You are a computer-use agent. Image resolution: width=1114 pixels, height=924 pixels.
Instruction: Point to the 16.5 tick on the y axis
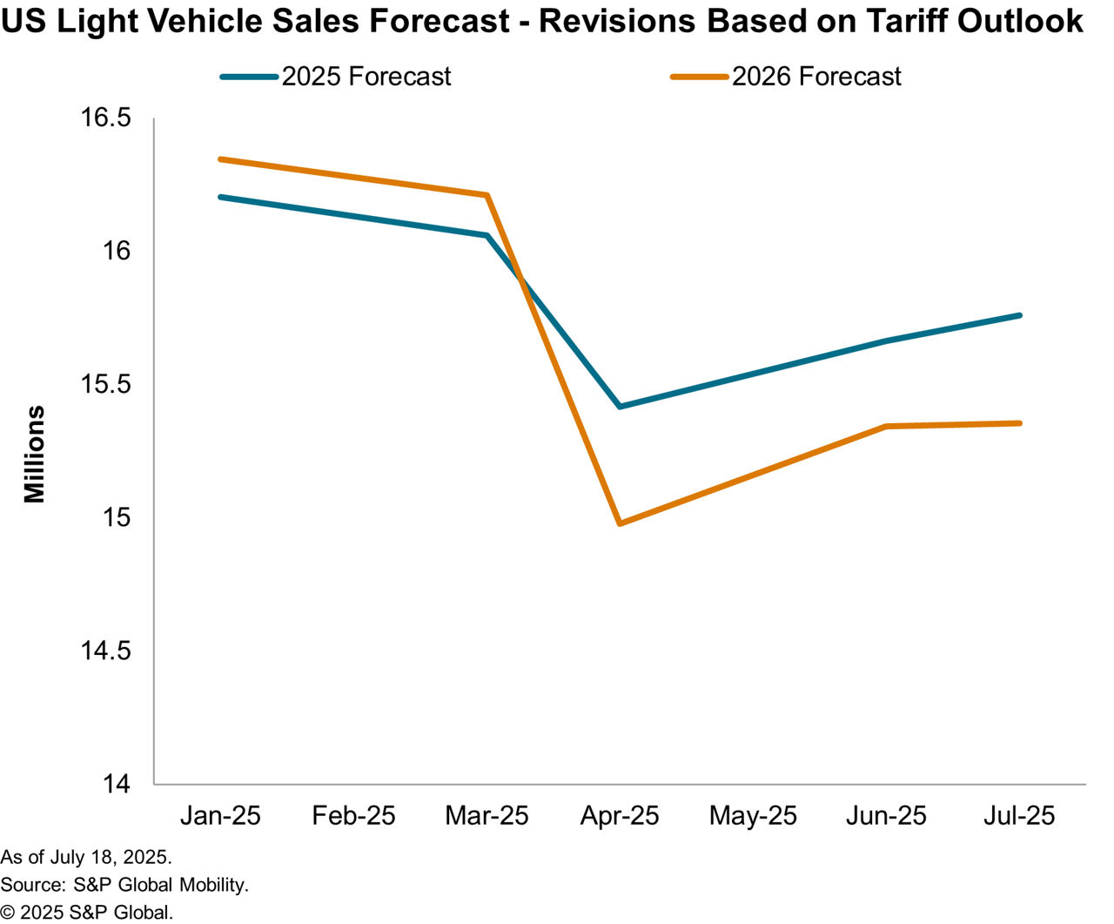(x=105, y=118)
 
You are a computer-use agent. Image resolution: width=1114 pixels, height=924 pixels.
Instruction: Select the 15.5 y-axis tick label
(x=105, y=384)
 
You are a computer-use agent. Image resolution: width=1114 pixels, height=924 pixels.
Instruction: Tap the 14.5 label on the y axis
(x=105, y=651)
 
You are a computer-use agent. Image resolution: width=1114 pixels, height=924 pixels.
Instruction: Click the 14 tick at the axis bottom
(x=116, y=784)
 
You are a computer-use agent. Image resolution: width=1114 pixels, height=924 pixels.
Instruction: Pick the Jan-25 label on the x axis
(x=220, y=816)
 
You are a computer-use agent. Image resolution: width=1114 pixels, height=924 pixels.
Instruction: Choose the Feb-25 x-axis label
(x=353, y=816)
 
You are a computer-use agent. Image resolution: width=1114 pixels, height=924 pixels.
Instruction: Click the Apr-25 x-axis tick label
(x=620, y=816)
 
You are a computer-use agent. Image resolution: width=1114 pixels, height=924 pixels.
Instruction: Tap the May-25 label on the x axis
(x=753, y=816)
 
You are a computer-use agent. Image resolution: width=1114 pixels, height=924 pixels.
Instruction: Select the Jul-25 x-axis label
(x=1019, y=816)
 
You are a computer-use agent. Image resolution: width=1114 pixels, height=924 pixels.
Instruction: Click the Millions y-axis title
(x=34, y=454)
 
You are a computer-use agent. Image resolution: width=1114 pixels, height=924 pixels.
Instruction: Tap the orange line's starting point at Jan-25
(x=220, y=159)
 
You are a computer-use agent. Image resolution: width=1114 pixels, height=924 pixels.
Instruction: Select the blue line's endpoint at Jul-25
(x=1019, y=315)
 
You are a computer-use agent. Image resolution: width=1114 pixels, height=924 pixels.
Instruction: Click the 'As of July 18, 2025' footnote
(x=86, y=857)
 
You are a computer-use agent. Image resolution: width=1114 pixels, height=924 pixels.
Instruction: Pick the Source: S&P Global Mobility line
(x=124, y=885)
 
